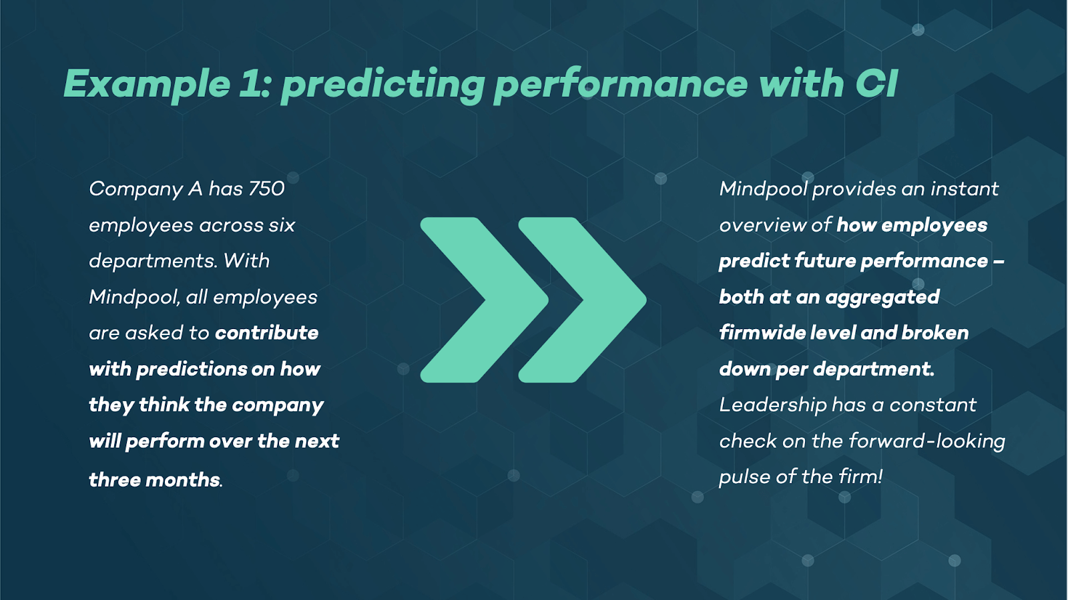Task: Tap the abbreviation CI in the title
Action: [x=876, y=83]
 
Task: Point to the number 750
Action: [x=266, y=189]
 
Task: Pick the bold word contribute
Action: [x=266, y=332]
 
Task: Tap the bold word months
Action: [x=183, y=479]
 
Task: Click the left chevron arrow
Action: [x=485, y=300]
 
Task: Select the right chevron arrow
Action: [x=583, y=300]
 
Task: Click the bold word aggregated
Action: [x=882, y=298]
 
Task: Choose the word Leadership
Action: [x=773, y=405]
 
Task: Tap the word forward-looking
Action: [x=927, y=441]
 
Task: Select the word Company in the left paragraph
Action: [x=136, y=189]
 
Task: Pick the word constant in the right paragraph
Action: [x=932, y=405]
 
